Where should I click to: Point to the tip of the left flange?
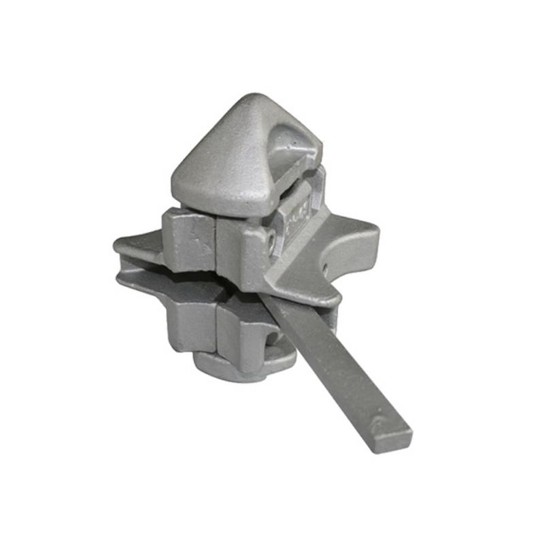117,243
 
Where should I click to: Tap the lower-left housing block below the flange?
192,320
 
